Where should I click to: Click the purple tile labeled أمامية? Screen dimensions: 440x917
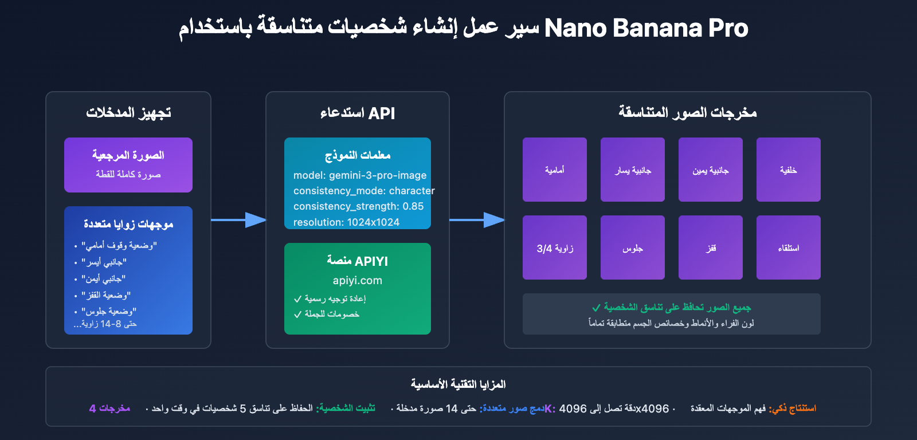[x=554, y=170]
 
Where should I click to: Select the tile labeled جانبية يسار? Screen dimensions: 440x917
[x=632, y=170]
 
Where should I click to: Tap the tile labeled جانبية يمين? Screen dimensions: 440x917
[x=710, y=170]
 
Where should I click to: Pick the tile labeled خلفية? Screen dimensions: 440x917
[x=788, y=170]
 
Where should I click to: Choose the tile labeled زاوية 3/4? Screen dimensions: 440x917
[x=554, y=247]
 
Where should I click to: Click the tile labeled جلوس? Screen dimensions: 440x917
[x=632, y=247]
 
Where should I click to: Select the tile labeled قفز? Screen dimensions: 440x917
[x=710, y=247]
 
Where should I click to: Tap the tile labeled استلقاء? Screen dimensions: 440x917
[x=788, y=247]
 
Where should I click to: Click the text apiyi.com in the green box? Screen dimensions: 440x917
[x=357, y=281]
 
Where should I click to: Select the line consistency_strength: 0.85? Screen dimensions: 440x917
[x=358, y=206]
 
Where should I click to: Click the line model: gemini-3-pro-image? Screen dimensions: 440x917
[x=360, y=175]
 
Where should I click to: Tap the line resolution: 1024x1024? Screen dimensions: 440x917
[x=346, y=222]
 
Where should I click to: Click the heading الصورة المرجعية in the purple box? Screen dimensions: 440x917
[x=128, y=155]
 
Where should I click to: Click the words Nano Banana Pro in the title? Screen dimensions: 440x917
[x=646, y=28]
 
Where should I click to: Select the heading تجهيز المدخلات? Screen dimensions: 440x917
[x=128, y=113]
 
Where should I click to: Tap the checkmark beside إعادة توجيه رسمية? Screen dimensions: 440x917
[x=297, y=299]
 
